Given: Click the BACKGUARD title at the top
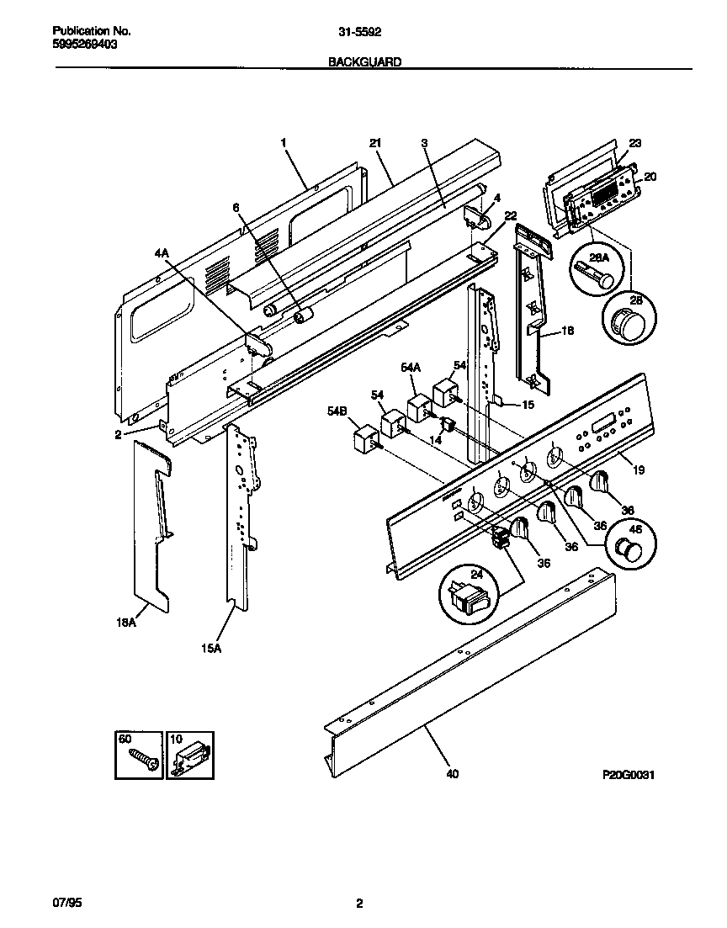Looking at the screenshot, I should click(363, 61).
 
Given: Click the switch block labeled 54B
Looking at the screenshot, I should click(363, 438).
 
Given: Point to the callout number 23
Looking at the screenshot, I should click(634, 143).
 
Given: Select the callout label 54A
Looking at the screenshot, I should click(410, 367).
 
